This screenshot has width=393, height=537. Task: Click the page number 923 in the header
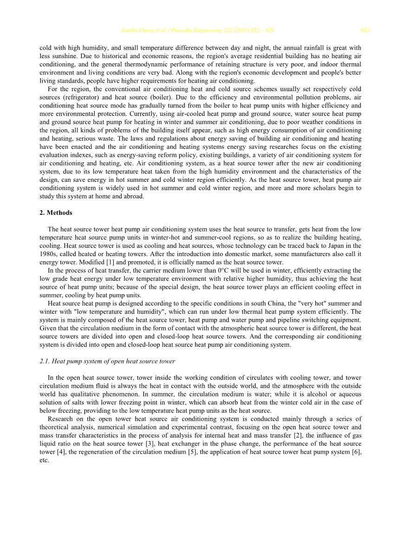[x=365, y=31]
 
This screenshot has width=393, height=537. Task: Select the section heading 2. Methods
[x=56, y=213]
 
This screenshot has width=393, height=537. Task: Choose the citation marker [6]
[x=355, y=451]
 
